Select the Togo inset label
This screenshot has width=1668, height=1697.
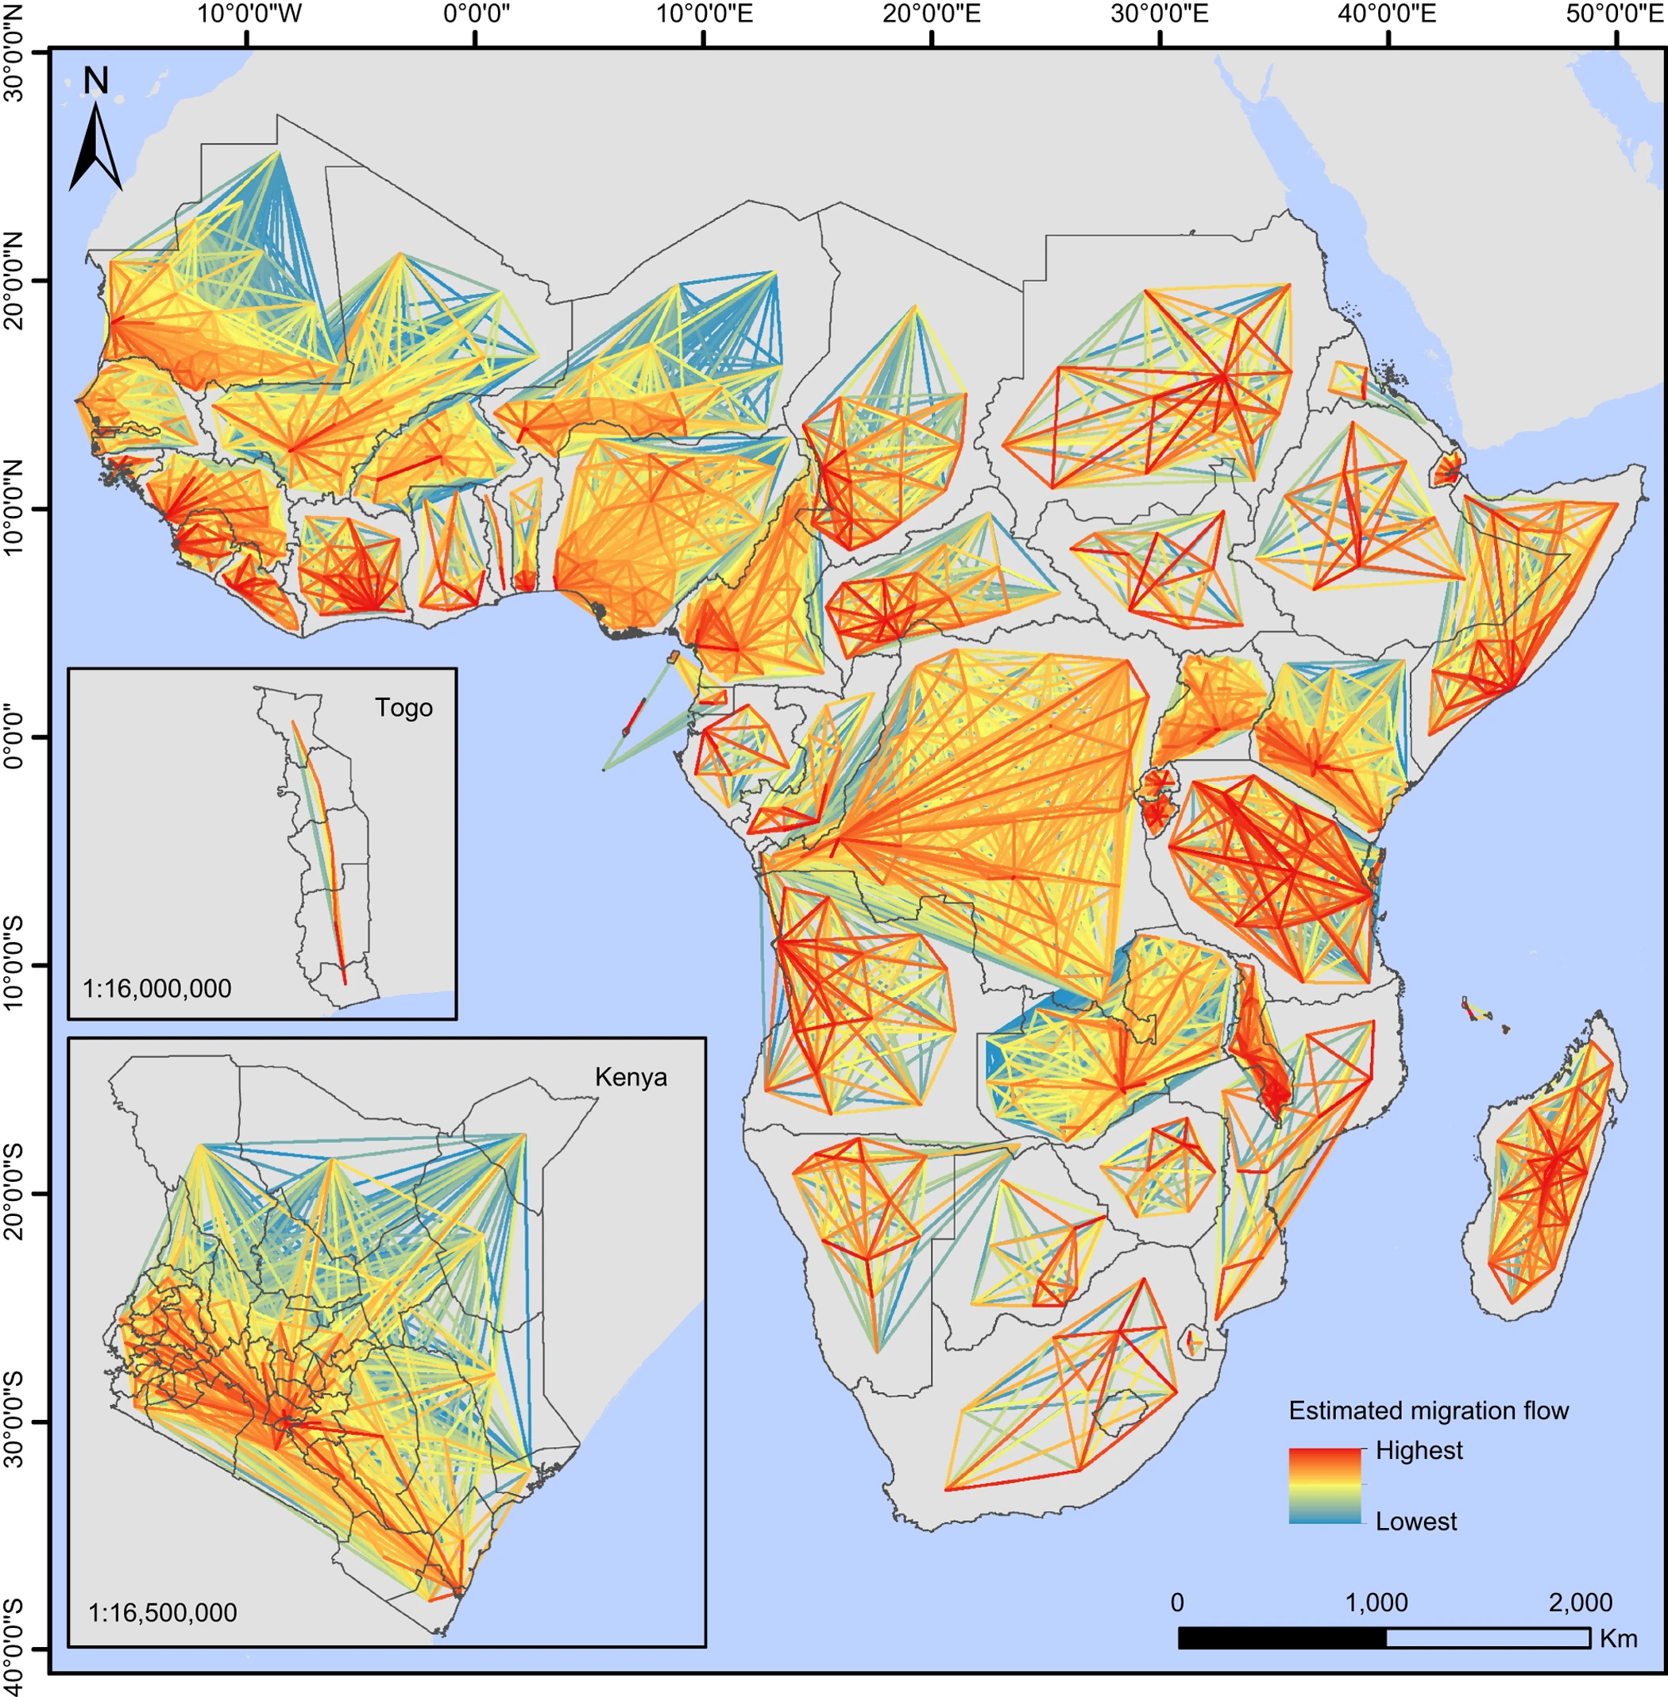[x=403, y=707]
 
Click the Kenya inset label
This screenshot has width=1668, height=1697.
[x=630, y=1077]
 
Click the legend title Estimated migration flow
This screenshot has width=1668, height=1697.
[x=1428, y=1410]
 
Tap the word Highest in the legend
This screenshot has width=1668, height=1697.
[x=1419, y=1450]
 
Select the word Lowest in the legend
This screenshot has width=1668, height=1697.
[x=1415, y=1521]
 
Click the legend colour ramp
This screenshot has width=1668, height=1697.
[x=1325, y=1485]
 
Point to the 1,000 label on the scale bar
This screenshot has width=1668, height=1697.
[x=1376, y=1603]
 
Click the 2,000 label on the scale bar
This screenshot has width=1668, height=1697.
[x=1580, y=1603]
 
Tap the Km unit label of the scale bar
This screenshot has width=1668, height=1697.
[x=1618, y=1638]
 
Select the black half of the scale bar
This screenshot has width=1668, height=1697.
[x=1282, y=1637]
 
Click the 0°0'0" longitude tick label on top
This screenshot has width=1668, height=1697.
[x=476, y=15]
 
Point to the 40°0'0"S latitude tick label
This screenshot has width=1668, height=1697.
[x=15, y=1645]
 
